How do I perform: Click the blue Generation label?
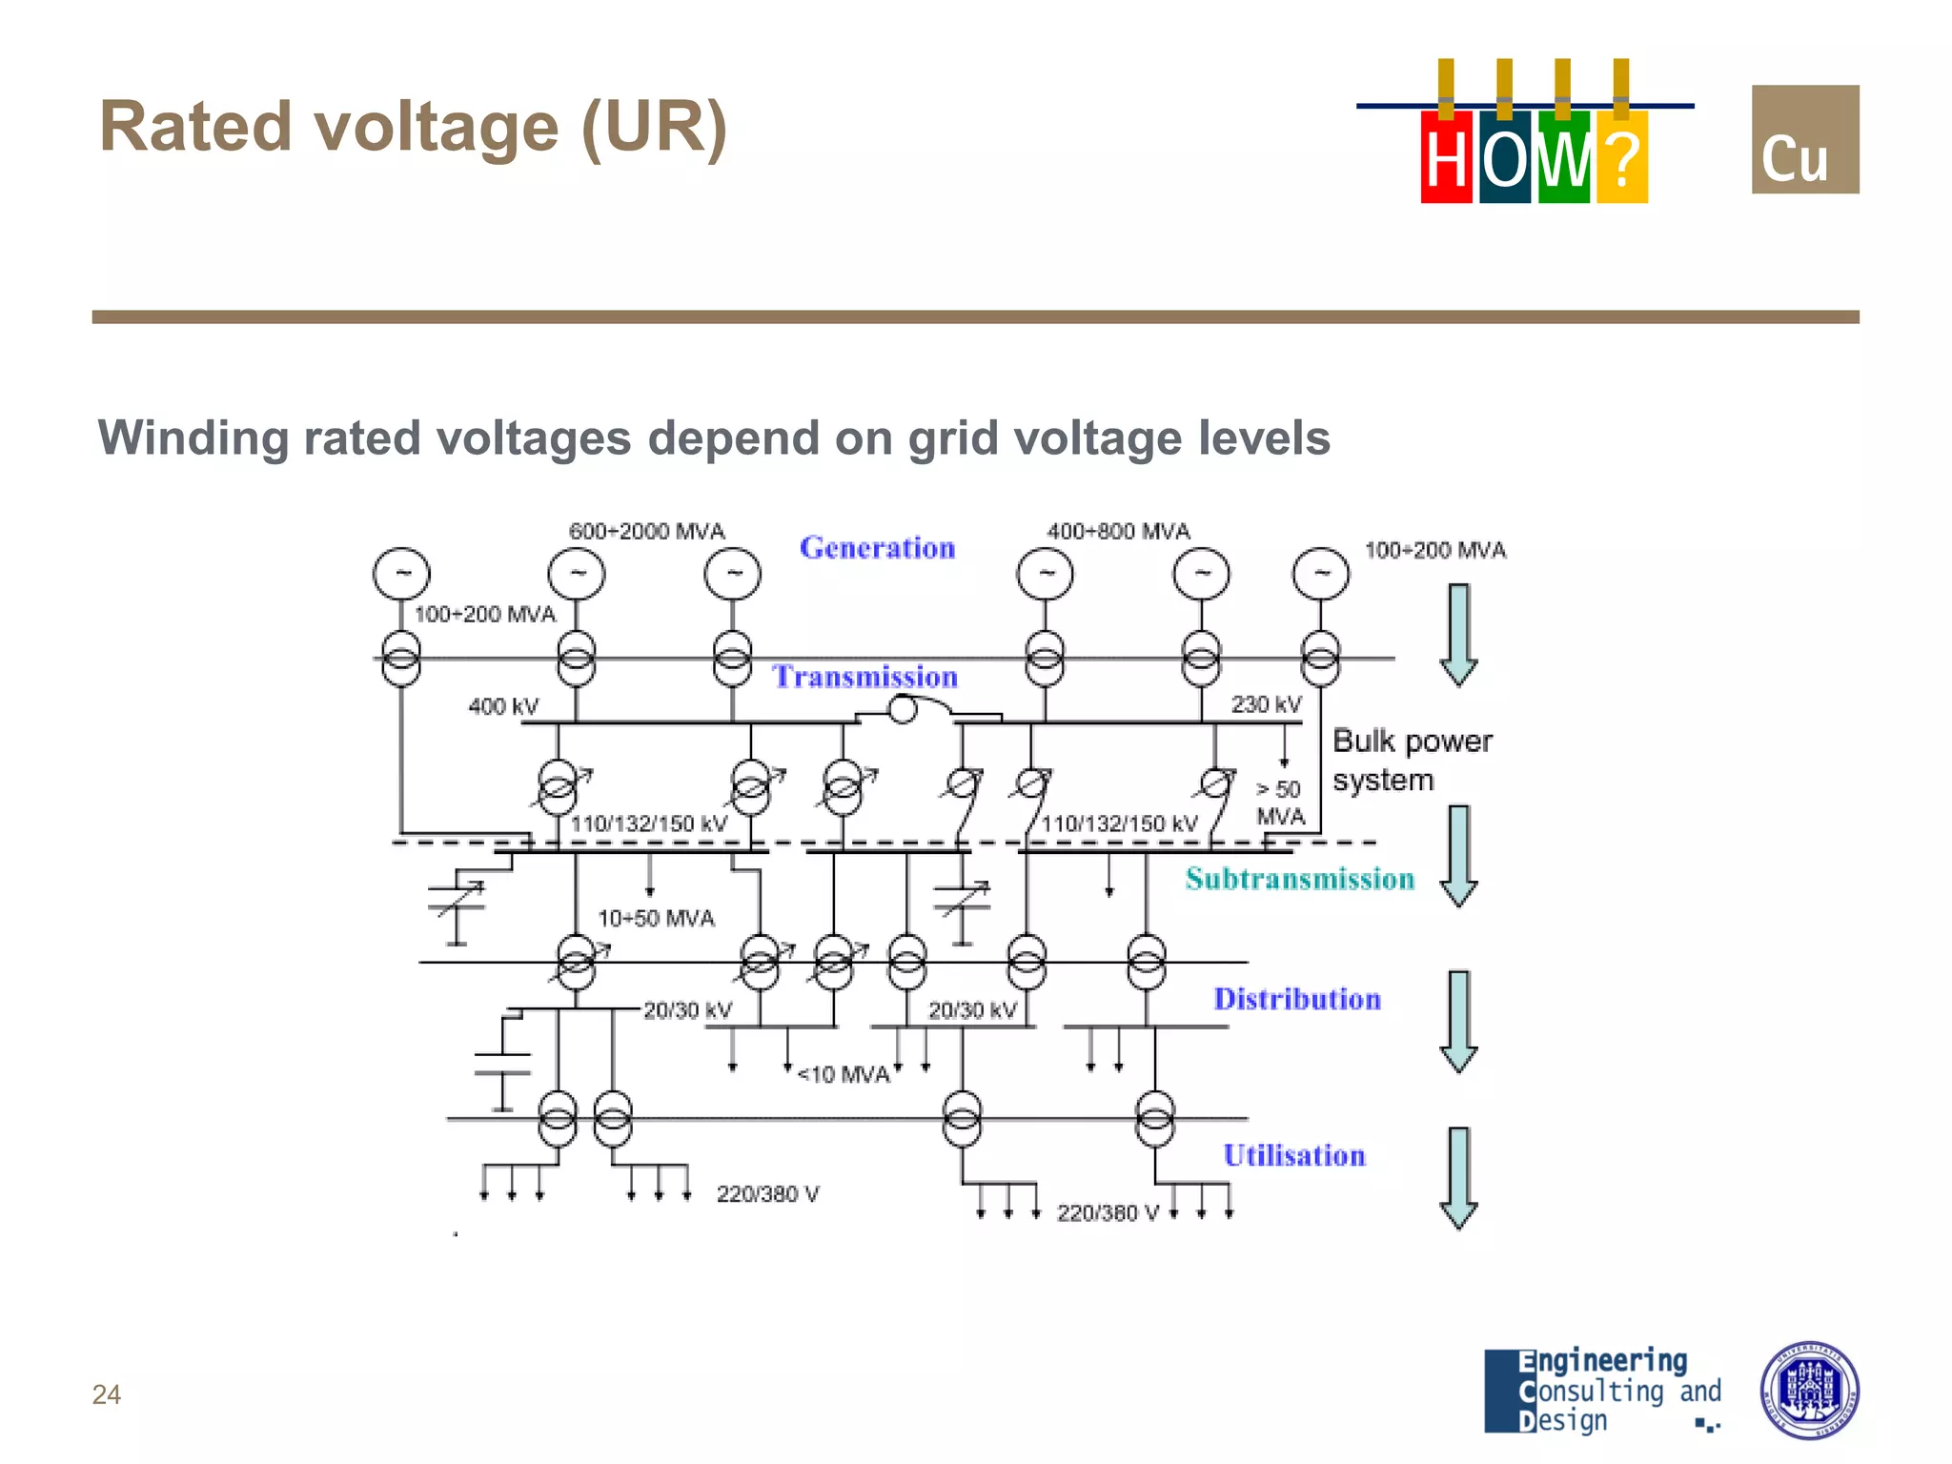pos(877,548)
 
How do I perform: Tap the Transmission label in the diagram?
pos(864,677)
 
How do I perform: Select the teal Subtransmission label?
pos(1299,879)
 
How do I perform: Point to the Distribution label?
pos(1296,999)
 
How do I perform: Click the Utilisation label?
pos(1293,1155)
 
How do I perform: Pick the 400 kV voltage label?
pos(503,706)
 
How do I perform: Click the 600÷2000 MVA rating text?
pos(646,531)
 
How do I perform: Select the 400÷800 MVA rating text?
pos(1118,531)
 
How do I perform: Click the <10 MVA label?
pos(844,1075)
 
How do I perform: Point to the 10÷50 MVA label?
pos(656,918)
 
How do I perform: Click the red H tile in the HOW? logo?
pos(1446,157)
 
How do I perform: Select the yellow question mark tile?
pos(1621,157)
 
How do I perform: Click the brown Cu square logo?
pos(1804,139)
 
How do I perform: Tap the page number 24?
pos(106,1394)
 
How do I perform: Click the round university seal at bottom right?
pos(1808,1391)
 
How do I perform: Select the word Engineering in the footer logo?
pos(1603,1361)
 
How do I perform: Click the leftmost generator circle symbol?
pos(401,574)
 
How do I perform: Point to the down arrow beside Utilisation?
pos(1458,1178)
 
